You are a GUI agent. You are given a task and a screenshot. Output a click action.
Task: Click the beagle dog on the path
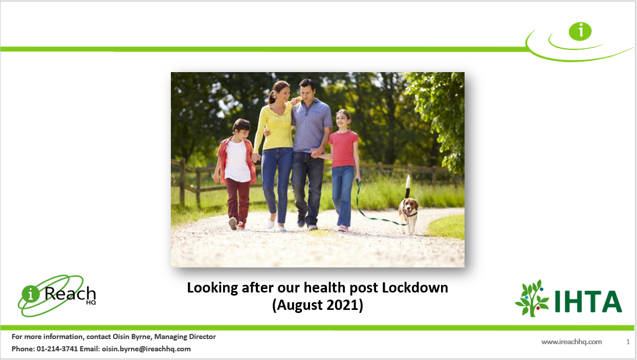[408, 212]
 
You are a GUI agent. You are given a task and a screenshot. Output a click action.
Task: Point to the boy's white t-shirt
[238, 162]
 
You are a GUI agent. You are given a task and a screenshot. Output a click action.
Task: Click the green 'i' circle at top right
[580, 31]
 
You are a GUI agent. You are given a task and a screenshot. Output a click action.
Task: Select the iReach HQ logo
[57, 296]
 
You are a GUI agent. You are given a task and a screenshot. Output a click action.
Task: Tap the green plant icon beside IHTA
[532, 298]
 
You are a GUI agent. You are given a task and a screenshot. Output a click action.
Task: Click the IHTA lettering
[588, 301]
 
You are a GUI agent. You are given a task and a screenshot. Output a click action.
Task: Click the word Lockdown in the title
[415, 287]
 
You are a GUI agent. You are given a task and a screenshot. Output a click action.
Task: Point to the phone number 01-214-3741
[57, 349]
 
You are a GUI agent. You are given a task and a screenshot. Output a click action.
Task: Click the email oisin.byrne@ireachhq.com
[146, 349]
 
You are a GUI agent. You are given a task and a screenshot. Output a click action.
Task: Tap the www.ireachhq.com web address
[572, 342]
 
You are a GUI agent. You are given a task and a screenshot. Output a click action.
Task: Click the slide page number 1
[628, 342]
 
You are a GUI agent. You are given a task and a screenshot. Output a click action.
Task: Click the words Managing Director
[185, 336]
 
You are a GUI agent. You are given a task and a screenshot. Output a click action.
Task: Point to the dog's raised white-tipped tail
[408, 186]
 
